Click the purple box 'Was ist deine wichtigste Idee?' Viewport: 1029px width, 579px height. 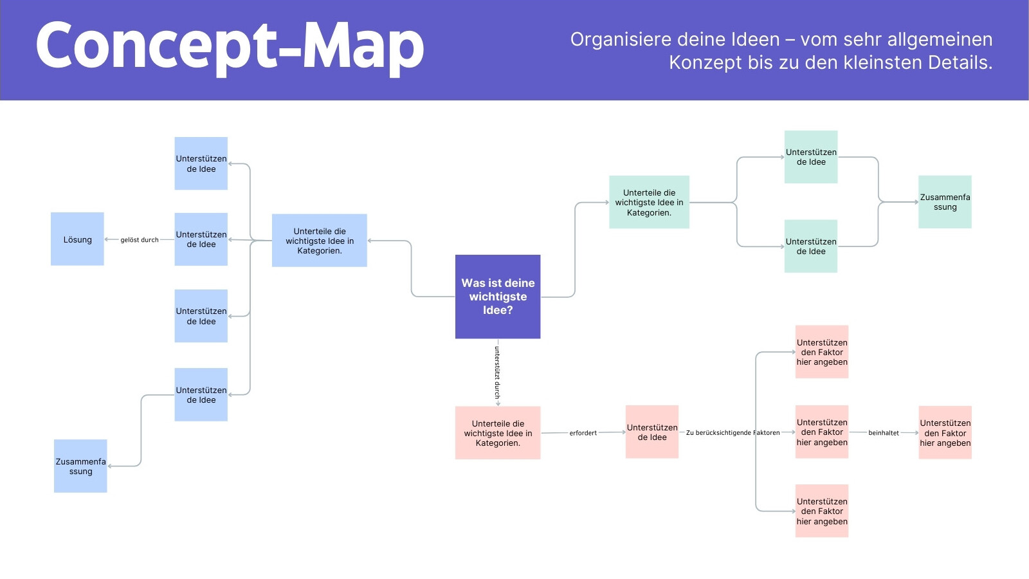pos(498,297)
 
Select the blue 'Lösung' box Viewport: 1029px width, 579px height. pos(77,239)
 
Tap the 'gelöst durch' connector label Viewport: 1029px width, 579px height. pos(139,240)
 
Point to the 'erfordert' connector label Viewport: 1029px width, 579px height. pos(583,433)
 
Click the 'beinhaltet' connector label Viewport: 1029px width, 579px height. pos(884,433)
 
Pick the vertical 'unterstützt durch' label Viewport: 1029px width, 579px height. pos(497,372)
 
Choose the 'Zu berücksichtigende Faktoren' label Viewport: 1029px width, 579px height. pos(733,433)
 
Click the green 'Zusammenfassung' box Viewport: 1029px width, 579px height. pos(945,202)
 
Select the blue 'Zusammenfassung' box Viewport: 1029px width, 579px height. pos(80,466)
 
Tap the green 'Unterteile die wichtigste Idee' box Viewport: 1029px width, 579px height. pos(649,202)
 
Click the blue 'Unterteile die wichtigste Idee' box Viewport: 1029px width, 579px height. pos(319,241)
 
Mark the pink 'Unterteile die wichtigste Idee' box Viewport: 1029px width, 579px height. pos(498,433)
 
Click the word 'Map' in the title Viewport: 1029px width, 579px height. pos(363,48)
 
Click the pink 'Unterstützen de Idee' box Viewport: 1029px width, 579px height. pos(652,432)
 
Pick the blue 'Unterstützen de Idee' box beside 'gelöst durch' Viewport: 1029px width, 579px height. pos(201,239)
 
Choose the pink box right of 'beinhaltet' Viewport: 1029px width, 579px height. pos(945,432)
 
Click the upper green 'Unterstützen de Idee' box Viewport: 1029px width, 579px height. pos(811,157)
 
